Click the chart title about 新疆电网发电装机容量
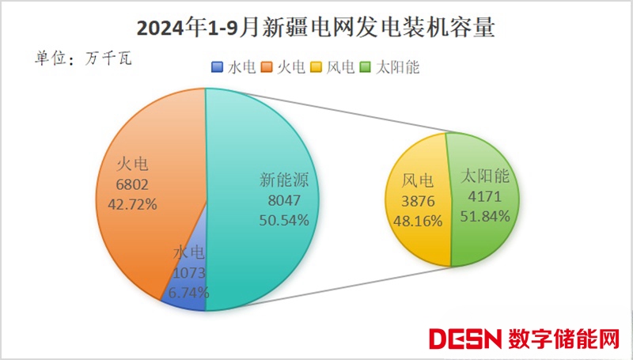pos(316,28)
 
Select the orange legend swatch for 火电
pos(267,68)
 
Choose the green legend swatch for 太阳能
pos(366,68)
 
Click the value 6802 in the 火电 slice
pos(132,184)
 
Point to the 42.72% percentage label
pos(132,203)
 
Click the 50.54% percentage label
pos(284,220)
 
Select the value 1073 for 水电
pos(189,273)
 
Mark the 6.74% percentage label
pos(190,292)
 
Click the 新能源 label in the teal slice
pos(284,180)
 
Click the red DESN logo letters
pos(465,339)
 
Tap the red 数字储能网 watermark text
pos(564,339)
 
